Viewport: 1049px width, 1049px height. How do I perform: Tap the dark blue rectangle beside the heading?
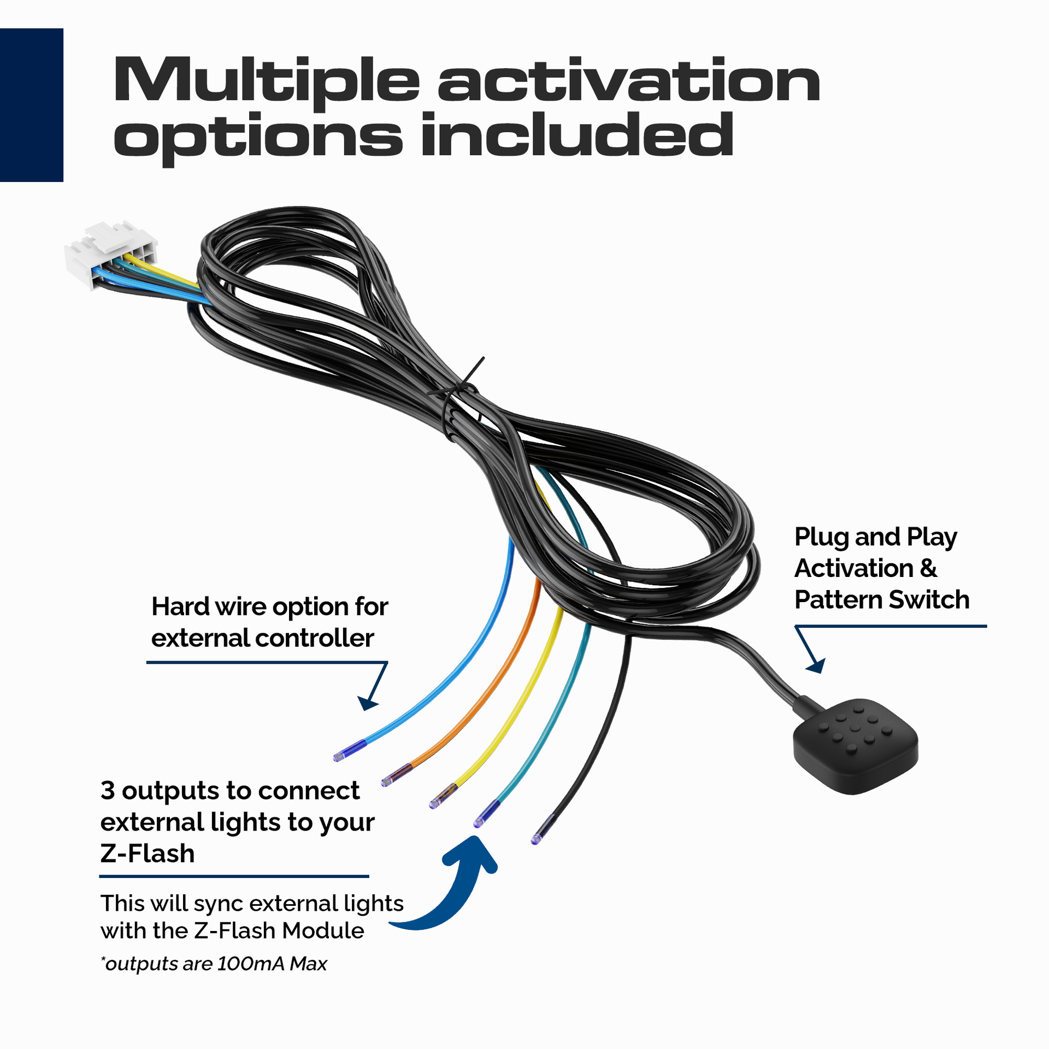(31, 104)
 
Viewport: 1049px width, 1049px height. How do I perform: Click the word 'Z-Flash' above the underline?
(148, 853)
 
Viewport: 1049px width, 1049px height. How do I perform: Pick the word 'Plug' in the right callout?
(821, 538)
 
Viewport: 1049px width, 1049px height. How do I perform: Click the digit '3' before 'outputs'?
(108, 791)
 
